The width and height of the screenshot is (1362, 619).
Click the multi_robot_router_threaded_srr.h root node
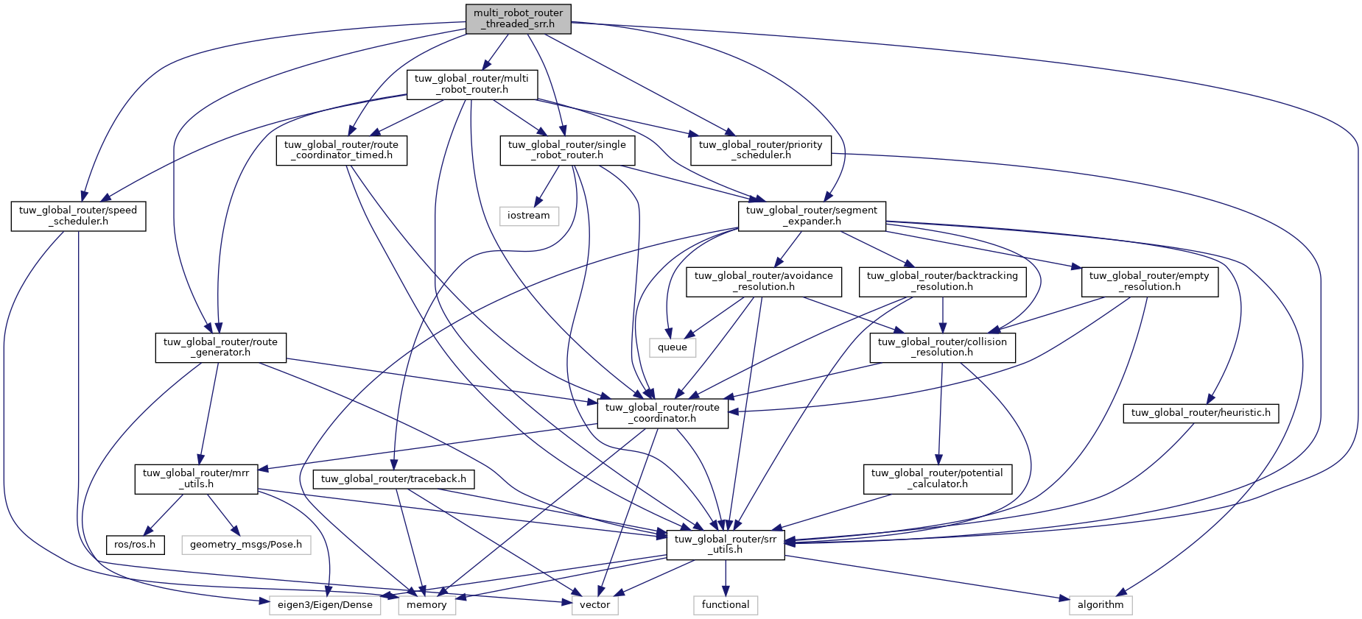pos(518,18)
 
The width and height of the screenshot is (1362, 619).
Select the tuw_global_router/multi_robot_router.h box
pos(471,84)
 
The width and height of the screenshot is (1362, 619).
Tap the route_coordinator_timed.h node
pos(341,150)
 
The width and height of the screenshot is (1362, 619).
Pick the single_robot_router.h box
pos(566,150)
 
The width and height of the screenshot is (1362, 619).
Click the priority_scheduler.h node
pos(760,150)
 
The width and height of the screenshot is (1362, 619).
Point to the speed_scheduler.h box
pos(78,216)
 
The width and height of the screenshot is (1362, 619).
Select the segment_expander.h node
pos(811,216)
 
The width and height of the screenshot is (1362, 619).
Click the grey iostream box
pos(528,216)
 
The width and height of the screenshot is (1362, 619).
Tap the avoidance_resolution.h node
pos(763,281)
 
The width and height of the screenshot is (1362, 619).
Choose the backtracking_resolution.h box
pos(942,281)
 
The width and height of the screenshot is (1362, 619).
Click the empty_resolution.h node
pos(1149,281)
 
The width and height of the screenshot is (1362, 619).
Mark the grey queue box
pos(672,347)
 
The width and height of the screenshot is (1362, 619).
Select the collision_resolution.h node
pos(942,347)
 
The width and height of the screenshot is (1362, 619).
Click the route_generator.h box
pos(220,347)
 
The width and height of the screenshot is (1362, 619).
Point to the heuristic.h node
pos(1201,413)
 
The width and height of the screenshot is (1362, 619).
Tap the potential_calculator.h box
pos(937,478)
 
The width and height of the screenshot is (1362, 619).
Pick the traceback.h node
pos(393,479)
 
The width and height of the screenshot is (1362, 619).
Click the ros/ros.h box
pos(135,545)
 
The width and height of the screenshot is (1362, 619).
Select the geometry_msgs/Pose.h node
pos(246,545)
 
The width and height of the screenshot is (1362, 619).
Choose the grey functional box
pos(725,605)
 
